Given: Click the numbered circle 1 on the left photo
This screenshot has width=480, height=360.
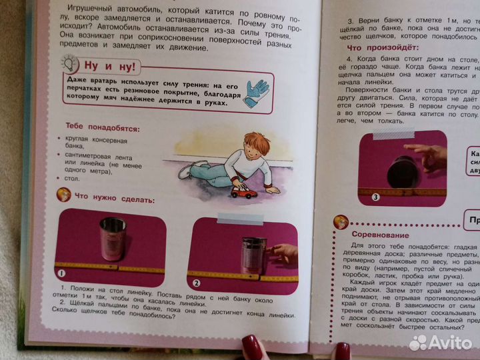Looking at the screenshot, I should tap(61, 271).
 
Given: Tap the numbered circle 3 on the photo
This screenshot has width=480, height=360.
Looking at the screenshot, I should tap(375, 197).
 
